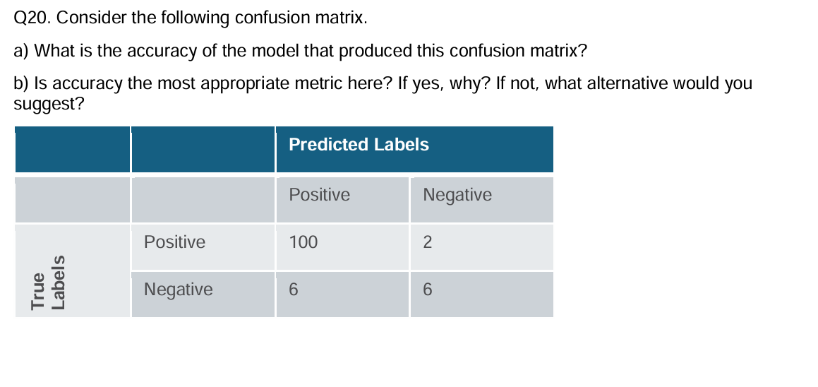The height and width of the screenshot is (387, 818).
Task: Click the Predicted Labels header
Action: tap(359, 145)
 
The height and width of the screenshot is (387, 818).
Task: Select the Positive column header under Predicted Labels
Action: tap(319, 195)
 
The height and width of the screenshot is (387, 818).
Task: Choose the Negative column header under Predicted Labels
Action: tap(457, 195)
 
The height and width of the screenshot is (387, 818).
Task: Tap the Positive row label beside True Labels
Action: tap(174, 242)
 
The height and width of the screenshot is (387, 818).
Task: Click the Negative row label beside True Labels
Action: tap(178, 290)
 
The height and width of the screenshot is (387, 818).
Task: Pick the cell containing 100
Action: tap(303, 243)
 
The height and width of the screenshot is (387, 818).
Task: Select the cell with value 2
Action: tap(427, 243)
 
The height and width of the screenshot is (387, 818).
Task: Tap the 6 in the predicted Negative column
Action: tap(427, 290)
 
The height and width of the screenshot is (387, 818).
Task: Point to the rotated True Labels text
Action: tap(49, 282)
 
